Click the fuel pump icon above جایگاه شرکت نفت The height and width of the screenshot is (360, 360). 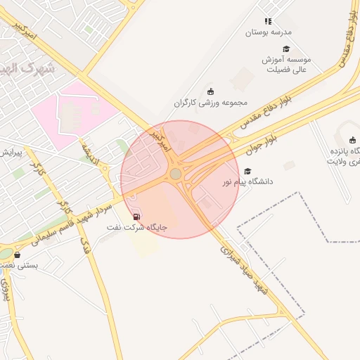136,217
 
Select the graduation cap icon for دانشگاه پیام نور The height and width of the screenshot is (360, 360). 247,171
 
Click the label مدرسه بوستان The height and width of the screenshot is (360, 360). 268,32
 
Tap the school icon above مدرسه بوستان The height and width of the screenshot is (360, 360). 267,22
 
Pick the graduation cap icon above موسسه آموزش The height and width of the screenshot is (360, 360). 286,49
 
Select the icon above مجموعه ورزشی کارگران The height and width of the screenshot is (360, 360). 210,91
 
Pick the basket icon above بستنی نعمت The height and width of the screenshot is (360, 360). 17,255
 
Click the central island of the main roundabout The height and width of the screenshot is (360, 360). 175,174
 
